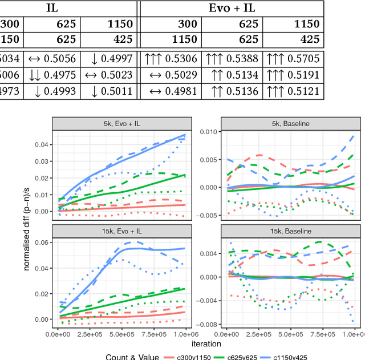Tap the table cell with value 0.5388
click(279, 59)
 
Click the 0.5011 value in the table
click(113, 92)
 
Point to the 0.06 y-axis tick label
click(43, 242)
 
